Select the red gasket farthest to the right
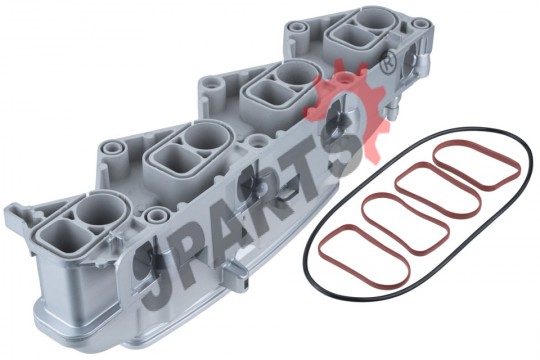click(477, 143)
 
